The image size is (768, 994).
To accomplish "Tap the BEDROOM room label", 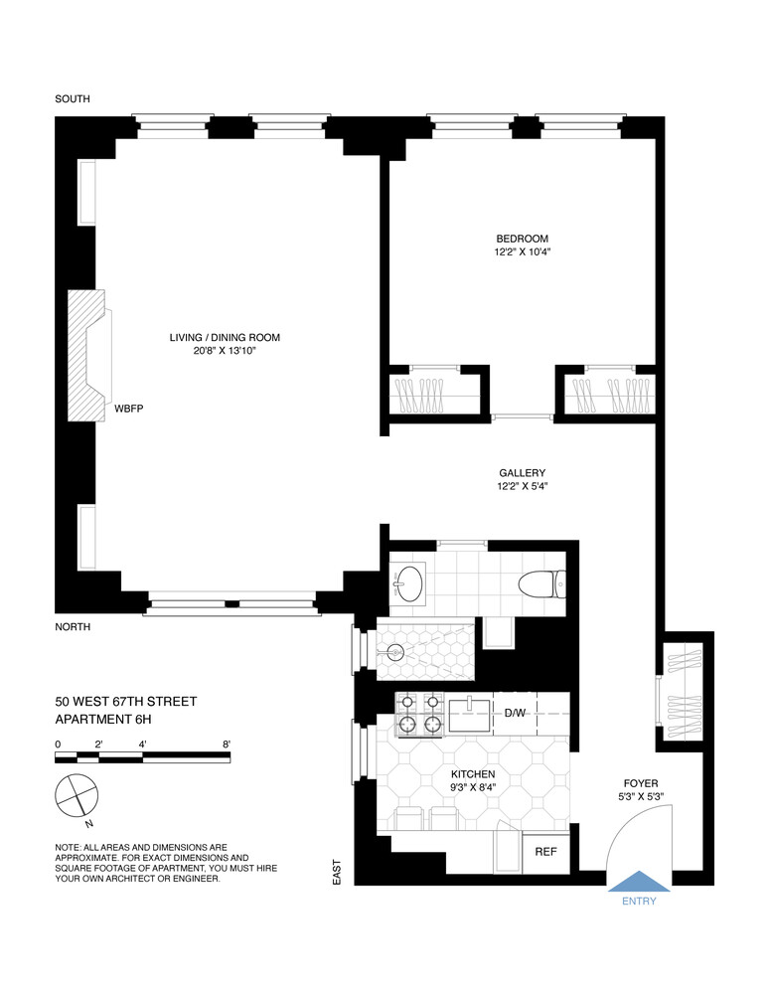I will [523, 239].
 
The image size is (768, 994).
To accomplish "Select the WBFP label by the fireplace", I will [130, 409].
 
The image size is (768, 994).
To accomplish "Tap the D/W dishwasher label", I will [515, 714].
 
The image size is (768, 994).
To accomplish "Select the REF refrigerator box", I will [545, 852].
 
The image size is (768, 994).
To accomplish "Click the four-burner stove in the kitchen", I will [418, 714].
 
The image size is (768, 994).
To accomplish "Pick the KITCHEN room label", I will [473, 774].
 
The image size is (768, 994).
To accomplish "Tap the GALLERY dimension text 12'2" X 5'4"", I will [523, 487].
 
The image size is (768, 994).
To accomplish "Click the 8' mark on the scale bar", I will [228, 744].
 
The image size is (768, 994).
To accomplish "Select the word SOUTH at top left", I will [74, 98].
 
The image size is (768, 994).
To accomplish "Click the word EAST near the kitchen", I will [338, 872].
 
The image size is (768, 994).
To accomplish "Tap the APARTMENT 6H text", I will [108, 720].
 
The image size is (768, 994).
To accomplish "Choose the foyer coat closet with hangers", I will [686, 686].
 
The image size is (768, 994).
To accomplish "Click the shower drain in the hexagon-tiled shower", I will [396, 653].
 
